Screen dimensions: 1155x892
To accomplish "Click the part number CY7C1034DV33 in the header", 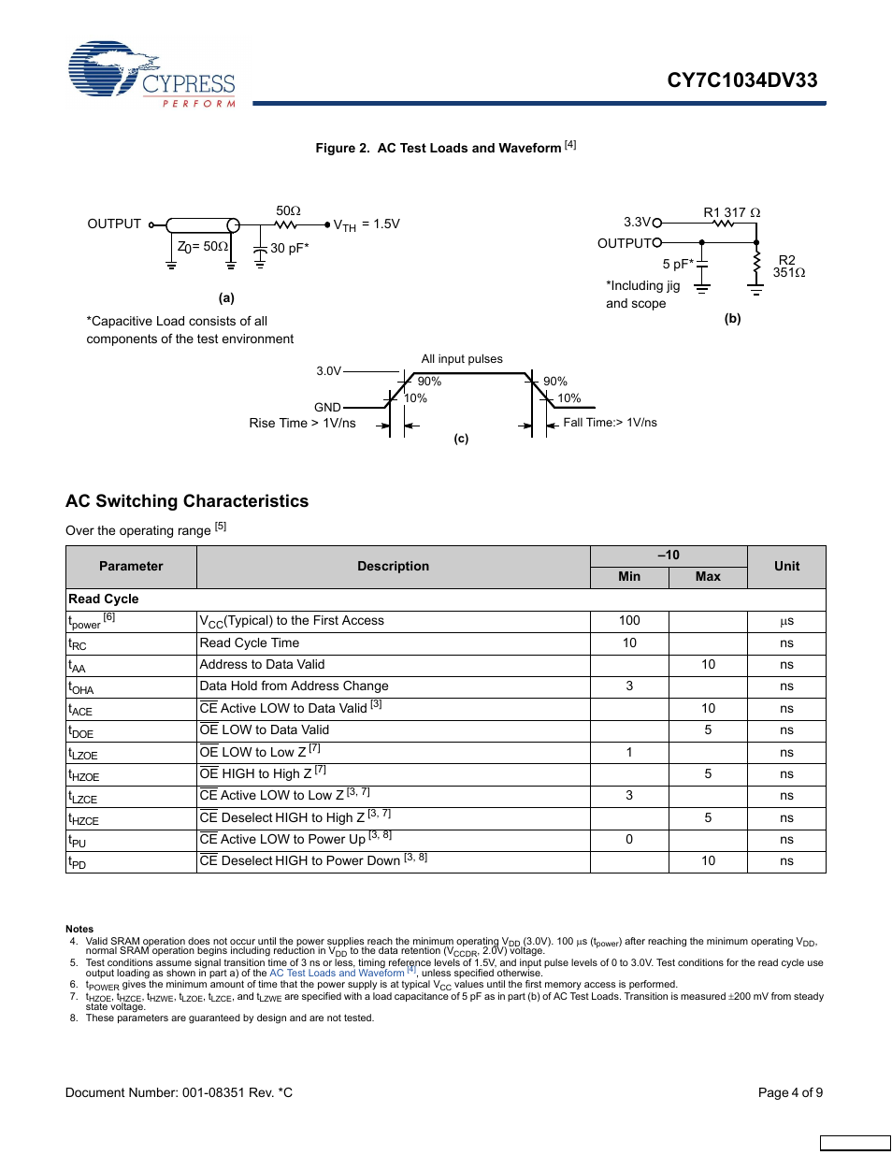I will [741, 80].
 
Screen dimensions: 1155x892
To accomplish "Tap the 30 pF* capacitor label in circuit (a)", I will [289, 248].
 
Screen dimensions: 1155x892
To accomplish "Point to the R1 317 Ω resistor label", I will [731, 212].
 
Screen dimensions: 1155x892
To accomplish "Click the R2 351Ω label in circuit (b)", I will [787, 267].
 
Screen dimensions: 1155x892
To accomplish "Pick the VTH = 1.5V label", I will [367, 224].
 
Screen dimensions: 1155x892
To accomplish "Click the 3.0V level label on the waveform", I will [328, 371].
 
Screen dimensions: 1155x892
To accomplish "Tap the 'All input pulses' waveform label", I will [462, 359].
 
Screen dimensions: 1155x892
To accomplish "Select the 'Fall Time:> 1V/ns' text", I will [610, 423].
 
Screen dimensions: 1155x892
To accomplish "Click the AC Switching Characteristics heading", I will [187, 501].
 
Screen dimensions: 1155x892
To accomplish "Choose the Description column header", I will [393, 566].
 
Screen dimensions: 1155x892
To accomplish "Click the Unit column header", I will [786, 566].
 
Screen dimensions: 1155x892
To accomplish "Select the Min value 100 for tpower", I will [629, 620].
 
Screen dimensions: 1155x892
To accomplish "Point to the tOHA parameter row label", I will [81, 687].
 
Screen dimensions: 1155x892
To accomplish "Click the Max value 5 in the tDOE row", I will [708, 729].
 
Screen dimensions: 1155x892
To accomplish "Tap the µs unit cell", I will [786, 621].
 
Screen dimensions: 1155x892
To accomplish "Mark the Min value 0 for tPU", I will [629, 839].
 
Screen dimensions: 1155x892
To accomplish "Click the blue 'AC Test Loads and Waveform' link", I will [337, 973].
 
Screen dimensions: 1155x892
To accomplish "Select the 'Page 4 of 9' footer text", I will [790, 1092].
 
